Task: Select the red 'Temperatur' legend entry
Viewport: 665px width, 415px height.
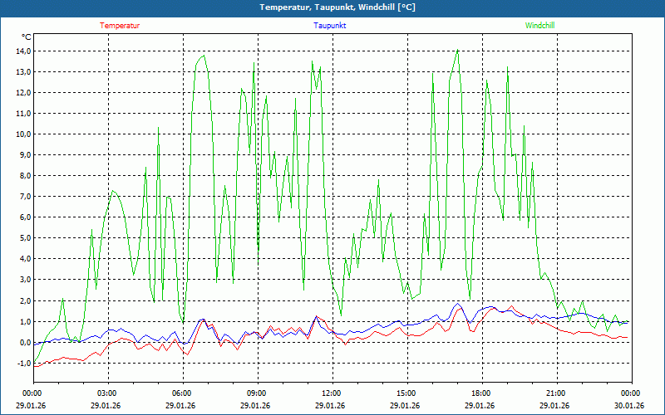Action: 120,26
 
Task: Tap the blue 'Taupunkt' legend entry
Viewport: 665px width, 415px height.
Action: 330,26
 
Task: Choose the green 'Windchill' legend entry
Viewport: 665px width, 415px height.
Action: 539,26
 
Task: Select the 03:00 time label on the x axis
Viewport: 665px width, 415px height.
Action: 107,393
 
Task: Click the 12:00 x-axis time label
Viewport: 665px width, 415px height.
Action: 332,393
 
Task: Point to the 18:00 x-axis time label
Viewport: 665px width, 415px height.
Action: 481,393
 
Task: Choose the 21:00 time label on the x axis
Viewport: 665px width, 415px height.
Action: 556,393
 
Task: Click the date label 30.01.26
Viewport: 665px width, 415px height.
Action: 630,406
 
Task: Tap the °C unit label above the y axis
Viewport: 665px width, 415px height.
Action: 27,37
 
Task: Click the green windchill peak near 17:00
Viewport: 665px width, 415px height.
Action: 457,51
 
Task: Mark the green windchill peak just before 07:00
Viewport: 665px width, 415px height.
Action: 204,56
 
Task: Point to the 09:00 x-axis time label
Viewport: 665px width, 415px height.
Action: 257,393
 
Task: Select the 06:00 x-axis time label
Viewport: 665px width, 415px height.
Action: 182,393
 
